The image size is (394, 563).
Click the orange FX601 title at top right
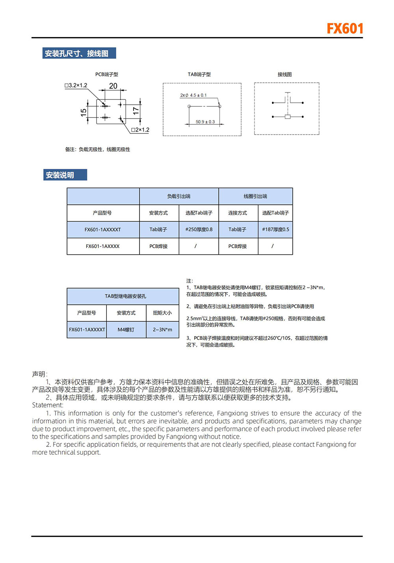pos(345,29)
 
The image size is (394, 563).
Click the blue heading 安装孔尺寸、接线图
pos(77,54)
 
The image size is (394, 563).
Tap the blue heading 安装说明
pos(60,175)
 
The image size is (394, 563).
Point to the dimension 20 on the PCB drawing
pos(113,86)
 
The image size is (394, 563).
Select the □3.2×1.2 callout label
pos(76,85)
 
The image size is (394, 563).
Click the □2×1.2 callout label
pos(140,130)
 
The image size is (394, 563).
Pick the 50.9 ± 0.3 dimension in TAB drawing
pos(205,122)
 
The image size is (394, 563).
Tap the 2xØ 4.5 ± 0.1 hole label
pos(193,95)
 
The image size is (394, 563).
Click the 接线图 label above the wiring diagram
pos(284,74)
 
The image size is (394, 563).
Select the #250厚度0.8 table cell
pos(199,230)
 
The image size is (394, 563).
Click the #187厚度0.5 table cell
pos(275,230)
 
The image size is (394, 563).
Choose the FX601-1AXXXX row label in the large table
pos(102,246)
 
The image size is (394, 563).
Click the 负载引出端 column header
pos(179,196)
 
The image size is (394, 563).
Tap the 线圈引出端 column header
pos(255,196)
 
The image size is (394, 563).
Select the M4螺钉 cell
pos(126,330)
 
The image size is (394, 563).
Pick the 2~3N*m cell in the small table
pos(162,330)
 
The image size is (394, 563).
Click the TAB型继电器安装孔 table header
pos(125,296)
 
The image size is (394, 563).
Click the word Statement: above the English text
pos(48,405)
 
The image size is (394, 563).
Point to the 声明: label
pos(39,374)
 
